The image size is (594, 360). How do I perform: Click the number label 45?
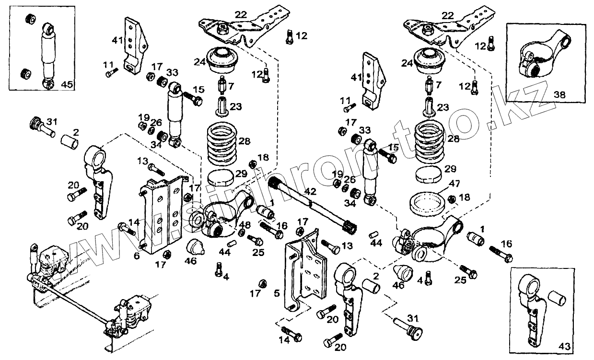click(67, 85)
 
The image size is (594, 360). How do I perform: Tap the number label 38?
click(559, 95)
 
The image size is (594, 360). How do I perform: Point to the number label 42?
click(310, 191)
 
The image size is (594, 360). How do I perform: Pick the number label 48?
click(244, 224)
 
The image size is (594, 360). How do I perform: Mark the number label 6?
click(137, 256)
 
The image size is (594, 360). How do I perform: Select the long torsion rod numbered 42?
click(312, 203)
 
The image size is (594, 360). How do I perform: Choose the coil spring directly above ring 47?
click(431, 141)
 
